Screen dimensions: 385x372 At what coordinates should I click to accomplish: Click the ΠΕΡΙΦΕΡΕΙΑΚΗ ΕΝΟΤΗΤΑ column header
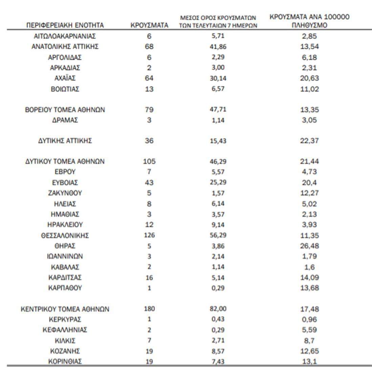pos(65,25)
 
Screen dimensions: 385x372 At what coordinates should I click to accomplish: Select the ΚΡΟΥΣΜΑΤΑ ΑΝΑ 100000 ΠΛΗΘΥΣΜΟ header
pos(309,21)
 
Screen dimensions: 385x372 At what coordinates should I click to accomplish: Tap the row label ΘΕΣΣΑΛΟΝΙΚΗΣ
pos(65,235)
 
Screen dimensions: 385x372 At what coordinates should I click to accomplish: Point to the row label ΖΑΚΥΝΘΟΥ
pos(65,193)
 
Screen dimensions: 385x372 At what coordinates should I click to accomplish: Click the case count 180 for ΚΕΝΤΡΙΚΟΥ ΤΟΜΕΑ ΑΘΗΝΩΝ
pos(149,309)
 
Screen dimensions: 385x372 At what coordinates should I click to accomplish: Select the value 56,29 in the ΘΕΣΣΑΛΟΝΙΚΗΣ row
pos(218,235)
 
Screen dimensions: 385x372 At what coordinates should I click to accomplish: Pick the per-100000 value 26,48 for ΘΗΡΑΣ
pos(309,246)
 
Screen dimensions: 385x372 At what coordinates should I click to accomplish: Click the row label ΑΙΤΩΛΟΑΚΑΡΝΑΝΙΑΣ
pos(65,36)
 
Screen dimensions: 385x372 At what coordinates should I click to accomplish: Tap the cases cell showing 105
pos(149,161)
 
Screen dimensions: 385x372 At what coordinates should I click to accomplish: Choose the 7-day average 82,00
pos(218,309)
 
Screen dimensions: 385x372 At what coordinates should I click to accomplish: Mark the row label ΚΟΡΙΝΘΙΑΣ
pos(65,361)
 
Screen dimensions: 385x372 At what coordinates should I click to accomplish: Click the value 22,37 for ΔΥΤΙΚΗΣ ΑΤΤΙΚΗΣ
pos(309,140)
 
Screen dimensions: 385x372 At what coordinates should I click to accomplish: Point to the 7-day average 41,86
pos(218,47)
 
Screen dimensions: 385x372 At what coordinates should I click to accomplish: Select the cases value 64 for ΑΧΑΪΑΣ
pos(149,78)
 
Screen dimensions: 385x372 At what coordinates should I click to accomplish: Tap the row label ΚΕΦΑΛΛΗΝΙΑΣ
pos(65,330)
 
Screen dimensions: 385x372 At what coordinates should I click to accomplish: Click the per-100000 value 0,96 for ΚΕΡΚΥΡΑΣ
pos(309,319)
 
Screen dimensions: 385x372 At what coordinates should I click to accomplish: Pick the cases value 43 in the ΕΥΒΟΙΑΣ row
pos(149,183)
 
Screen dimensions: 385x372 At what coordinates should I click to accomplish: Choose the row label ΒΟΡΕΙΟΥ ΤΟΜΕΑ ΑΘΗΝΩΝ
pos(65,110)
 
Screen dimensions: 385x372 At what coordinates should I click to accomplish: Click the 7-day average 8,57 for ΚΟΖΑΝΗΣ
pos(218,351)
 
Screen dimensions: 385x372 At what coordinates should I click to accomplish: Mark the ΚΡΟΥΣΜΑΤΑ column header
pos(149,25)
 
